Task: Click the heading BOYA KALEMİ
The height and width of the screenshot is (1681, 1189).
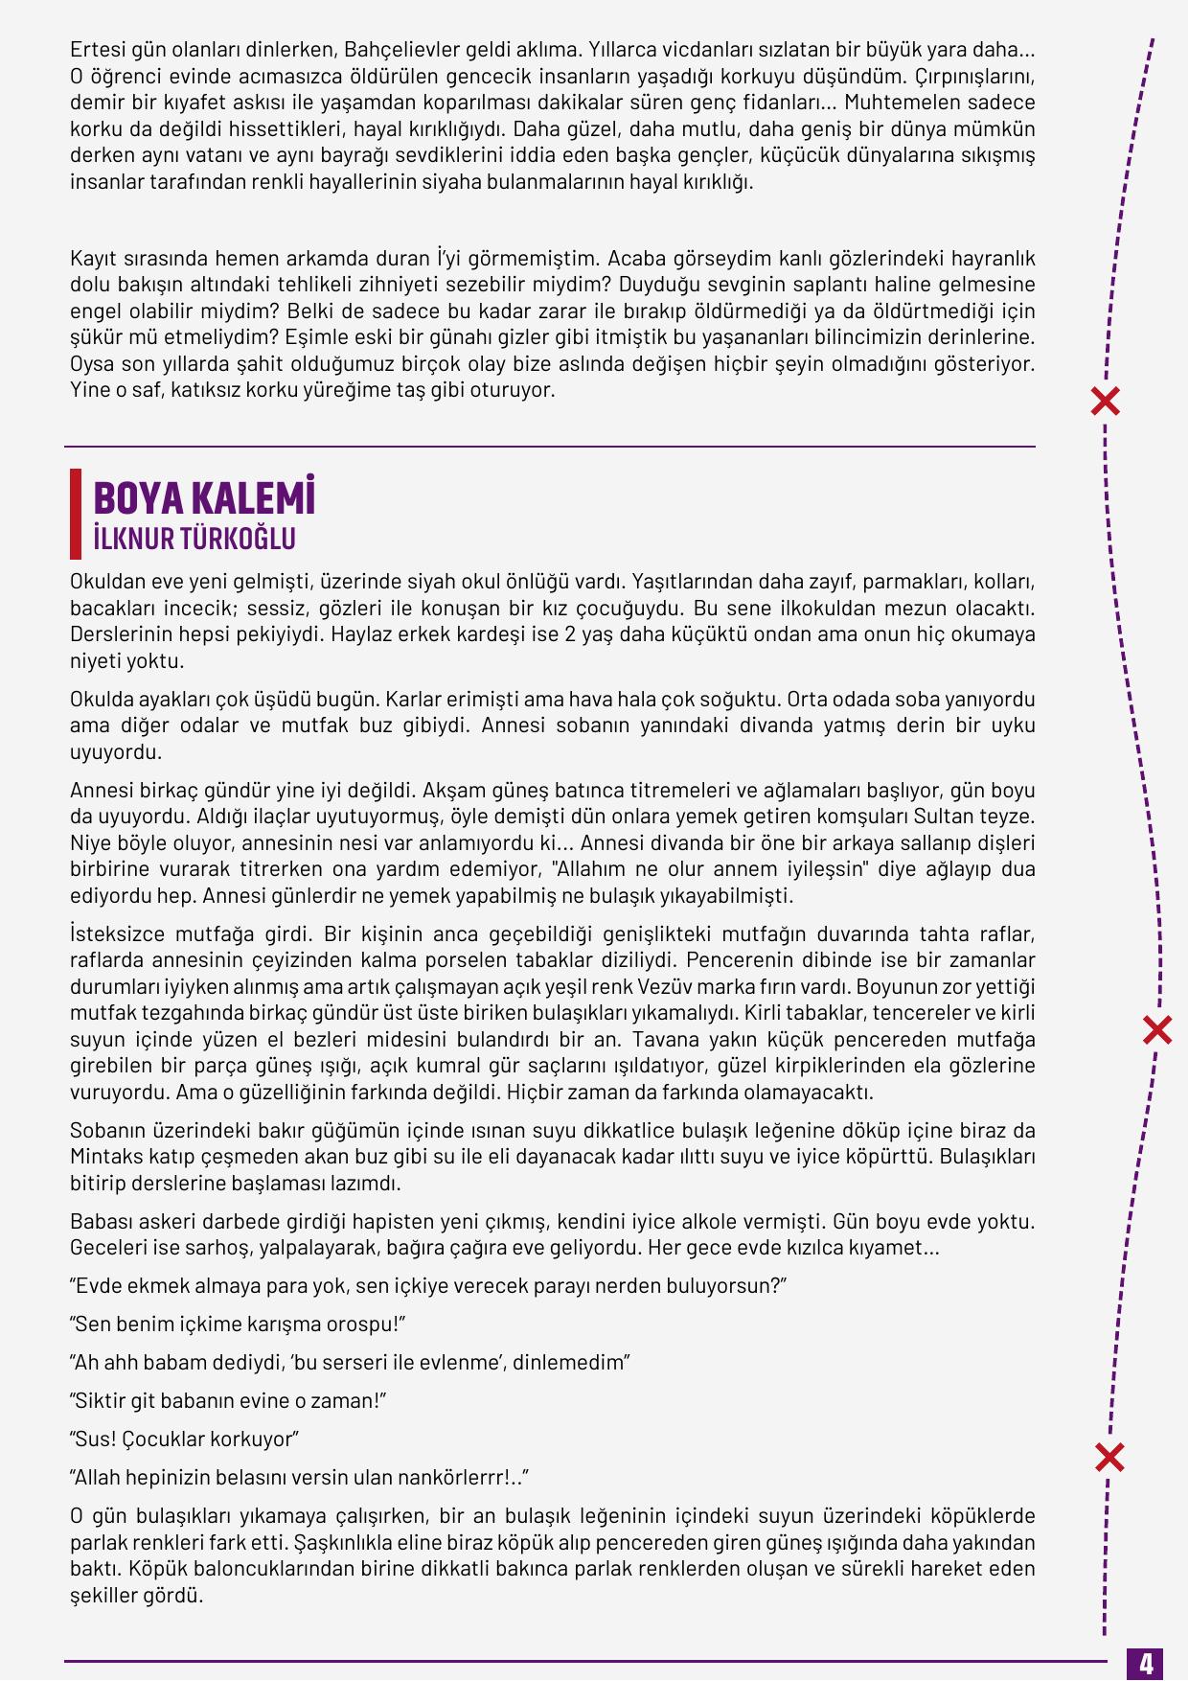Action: click(x=204, y=498)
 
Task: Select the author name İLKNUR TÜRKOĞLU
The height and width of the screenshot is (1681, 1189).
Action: click(x=194, y=539)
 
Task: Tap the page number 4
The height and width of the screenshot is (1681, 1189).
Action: click(x=1146, y=1662)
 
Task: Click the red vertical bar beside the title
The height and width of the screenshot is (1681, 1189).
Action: click(x=76, y=514)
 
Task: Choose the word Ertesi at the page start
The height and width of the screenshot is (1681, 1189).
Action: click(x=97, y=49)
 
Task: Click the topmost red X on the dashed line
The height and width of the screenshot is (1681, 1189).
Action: click(x=1106, y=402)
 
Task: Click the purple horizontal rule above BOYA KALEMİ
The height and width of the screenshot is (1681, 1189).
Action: click(x=549, y=447)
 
